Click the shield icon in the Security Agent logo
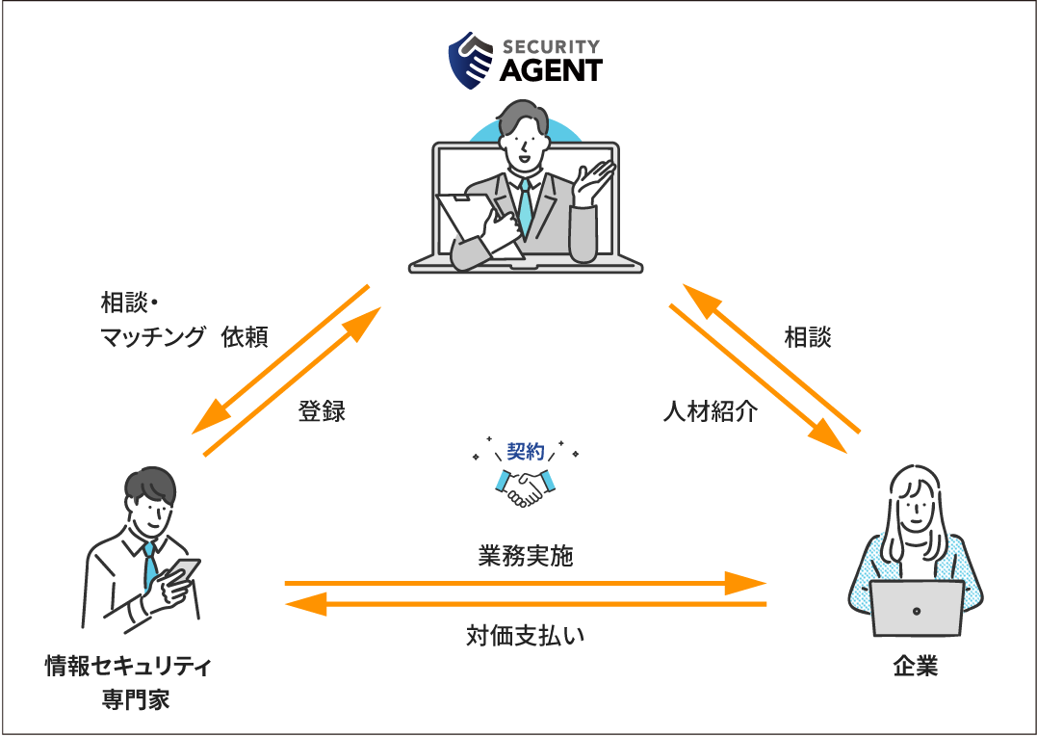pos(472,61)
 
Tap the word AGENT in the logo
pos(551,70)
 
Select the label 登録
pos(322,412)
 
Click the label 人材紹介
pos(711,412)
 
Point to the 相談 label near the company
pos(808,337)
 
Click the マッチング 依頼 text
pos(184,337)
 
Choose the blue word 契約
pos(526,450)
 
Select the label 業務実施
pos(525,556)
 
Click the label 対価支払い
pos(526,636)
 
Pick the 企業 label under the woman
pos(914,666)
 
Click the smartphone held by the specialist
pos(185,569)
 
